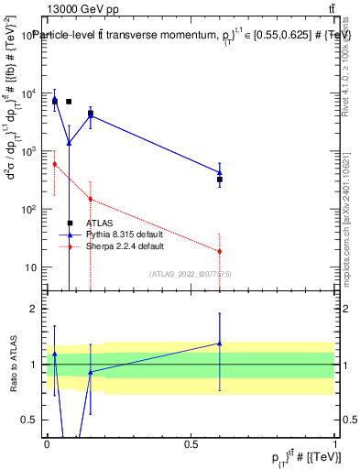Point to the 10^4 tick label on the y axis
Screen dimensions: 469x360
[29, 93]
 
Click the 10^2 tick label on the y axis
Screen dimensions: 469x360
[29, 210]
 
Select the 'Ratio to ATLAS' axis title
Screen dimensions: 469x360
[12, 365]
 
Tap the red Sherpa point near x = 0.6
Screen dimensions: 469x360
[220, 251]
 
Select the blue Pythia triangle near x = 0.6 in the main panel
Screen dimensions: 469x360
[220, 171]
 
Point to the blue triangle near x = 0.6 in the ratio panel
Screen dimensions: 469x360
[220, 344]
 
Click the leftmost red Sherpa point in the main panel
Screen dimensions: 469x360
[55, 164]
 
